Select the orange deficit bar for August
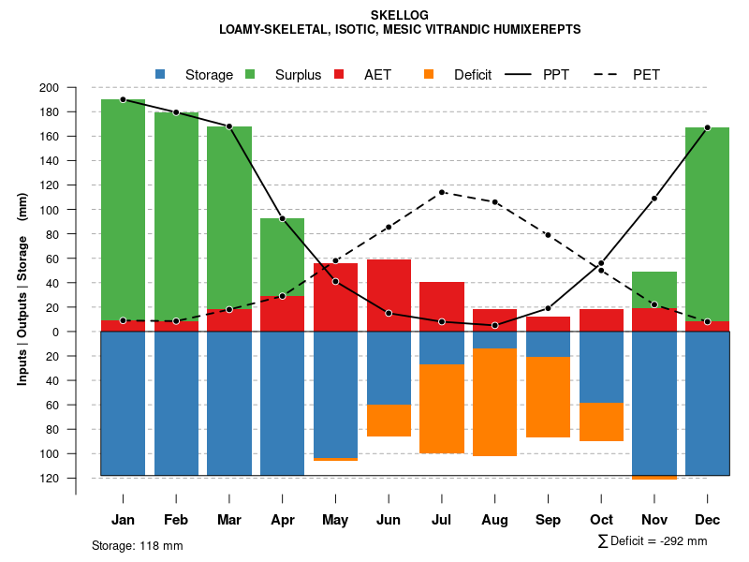coord(494,402)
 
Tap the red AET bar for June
coord(389,295)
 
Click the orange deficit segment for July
coord(442,408)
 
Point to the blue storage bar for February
coord(176,403)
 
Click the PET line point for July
coord(442,192)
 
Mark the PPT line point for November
coord(654,199)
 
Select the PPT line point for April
coord(282,218)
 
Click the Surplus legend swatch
coord(250,74)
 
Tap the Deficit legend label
coord(473,74)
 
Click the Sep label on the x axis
coord(548,520)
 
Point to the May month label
coord(335,520)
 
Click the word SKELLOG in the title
coord(400,16)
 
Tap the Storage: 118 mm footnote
coord(137,545)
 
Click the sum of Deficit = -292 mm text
coord(652,540)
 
